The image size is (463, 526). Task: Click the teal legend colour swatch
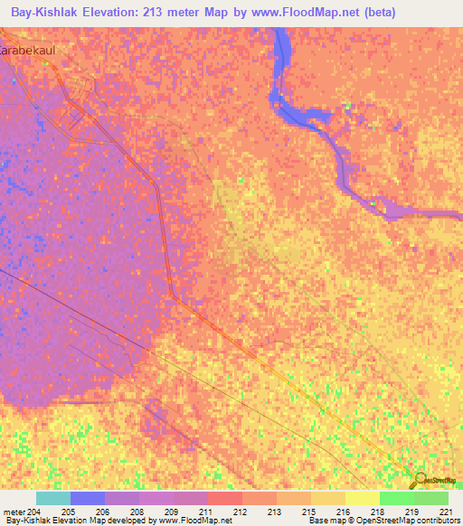tap(53, 498)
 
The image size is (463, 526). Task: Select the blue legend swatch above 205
tap(88, 498)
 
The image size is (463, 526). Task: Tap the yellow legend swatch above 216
tap(328, 498)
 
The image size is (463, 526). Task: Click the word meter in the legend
tap(13, 511)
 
